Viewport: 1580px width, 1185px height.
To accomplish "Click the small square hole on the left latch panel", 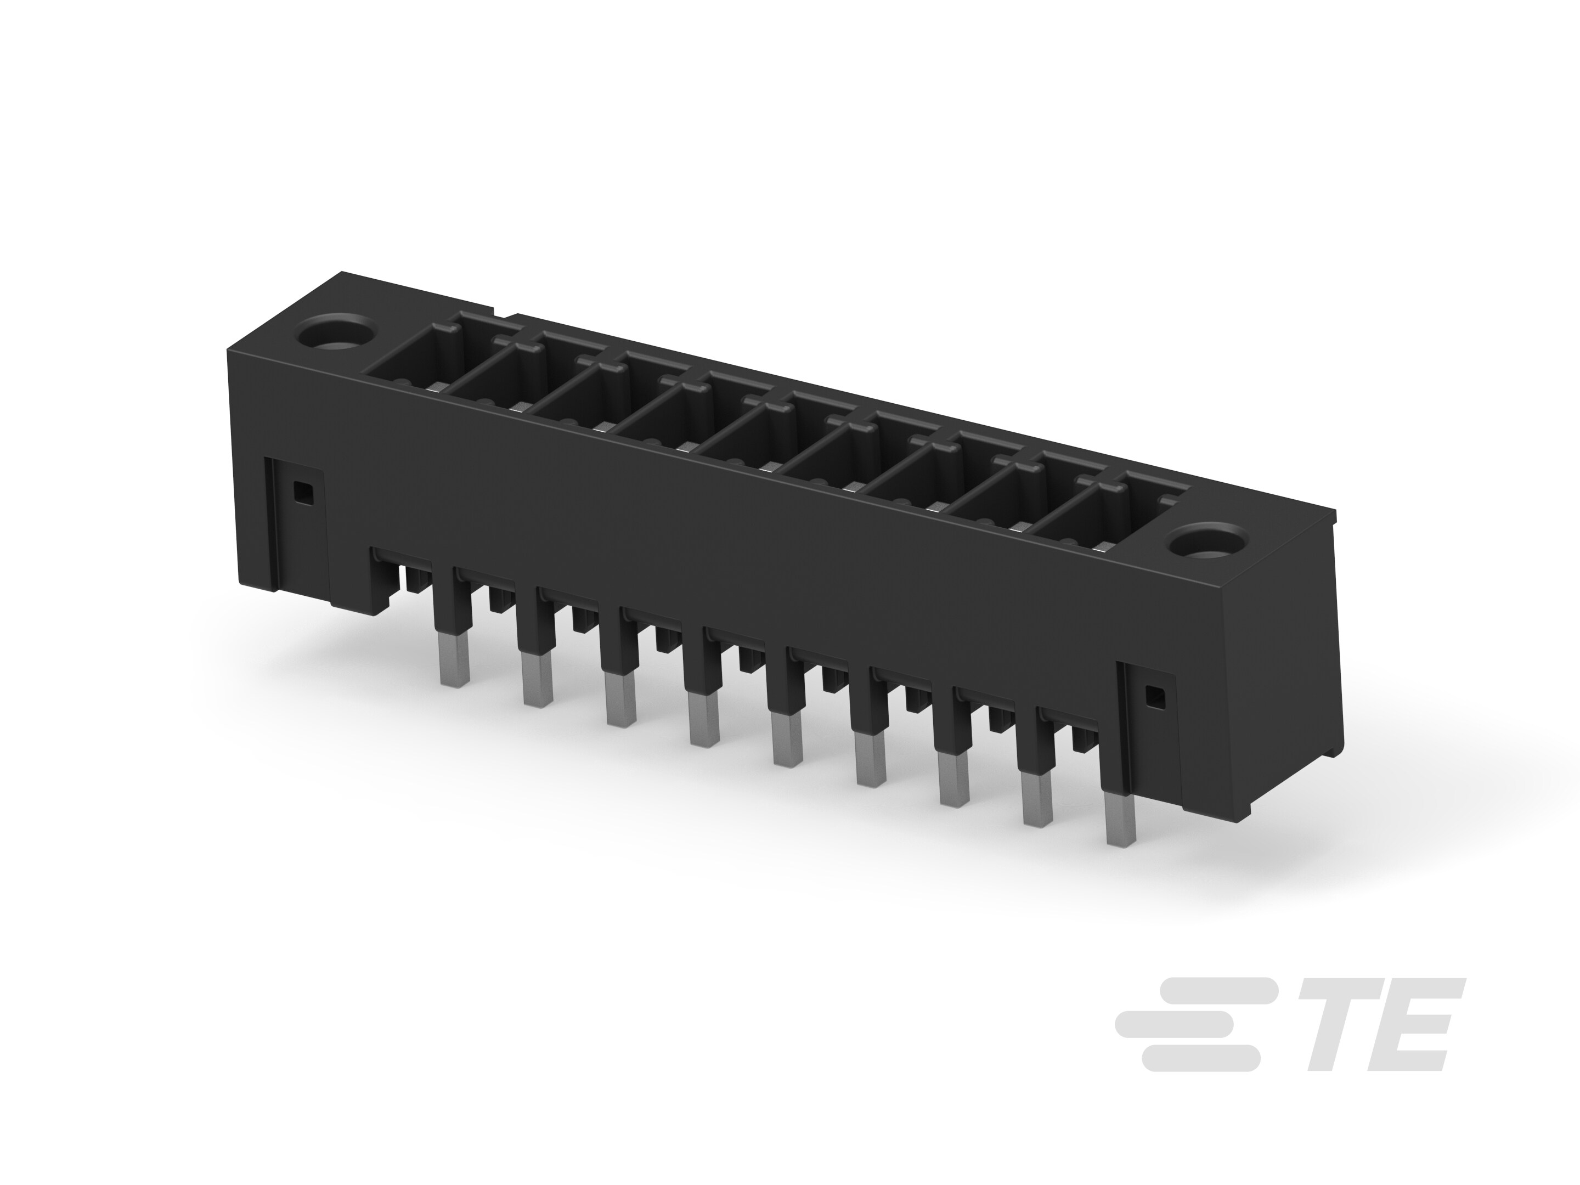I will (x=303, y=492).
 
